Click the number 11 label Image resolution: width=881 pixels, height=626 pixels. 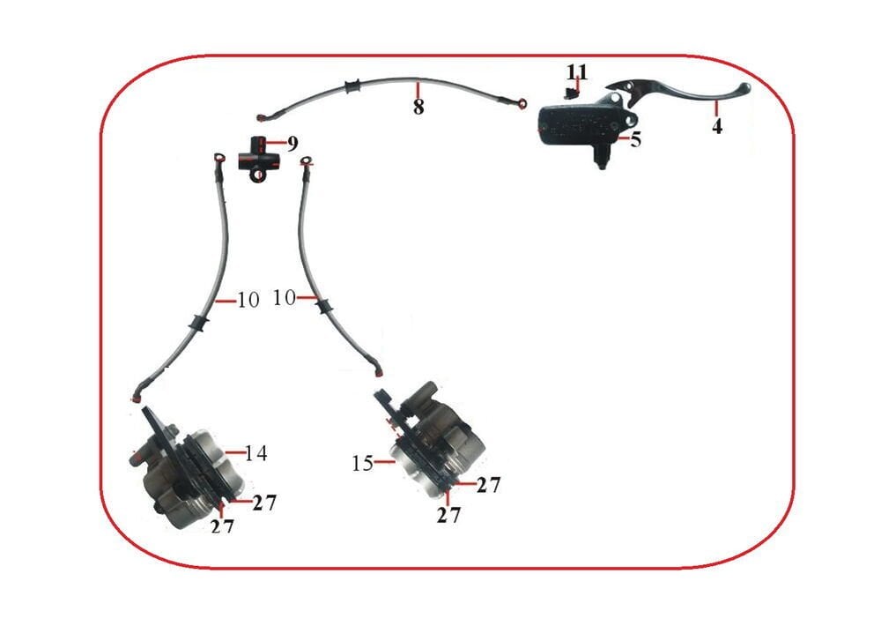(577, 71)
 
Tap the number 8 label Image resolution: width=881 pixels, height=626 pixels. (418, 108)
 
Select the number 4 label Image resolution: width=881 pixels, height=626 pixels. (717, 126)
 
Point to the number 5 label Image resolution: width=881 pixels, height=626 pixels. (634, 139)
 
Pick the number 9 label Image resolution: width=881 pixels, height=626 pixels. (292, 142)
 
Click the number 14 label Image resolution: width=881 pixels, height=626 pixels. (256, 453)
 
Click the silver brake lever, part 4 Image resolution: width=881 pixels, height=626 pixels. (687, 92)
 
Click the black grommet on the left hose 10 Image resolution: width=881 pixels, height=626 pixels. (198, 323)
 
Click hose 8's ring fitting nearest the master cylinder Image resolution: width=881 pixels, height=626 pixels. (523, 104)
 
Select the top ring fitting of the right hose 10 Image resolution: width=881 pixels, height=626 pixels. (307, 161)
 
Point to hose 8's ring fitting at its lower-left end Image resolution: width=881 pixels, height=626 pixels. (262, 116)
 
